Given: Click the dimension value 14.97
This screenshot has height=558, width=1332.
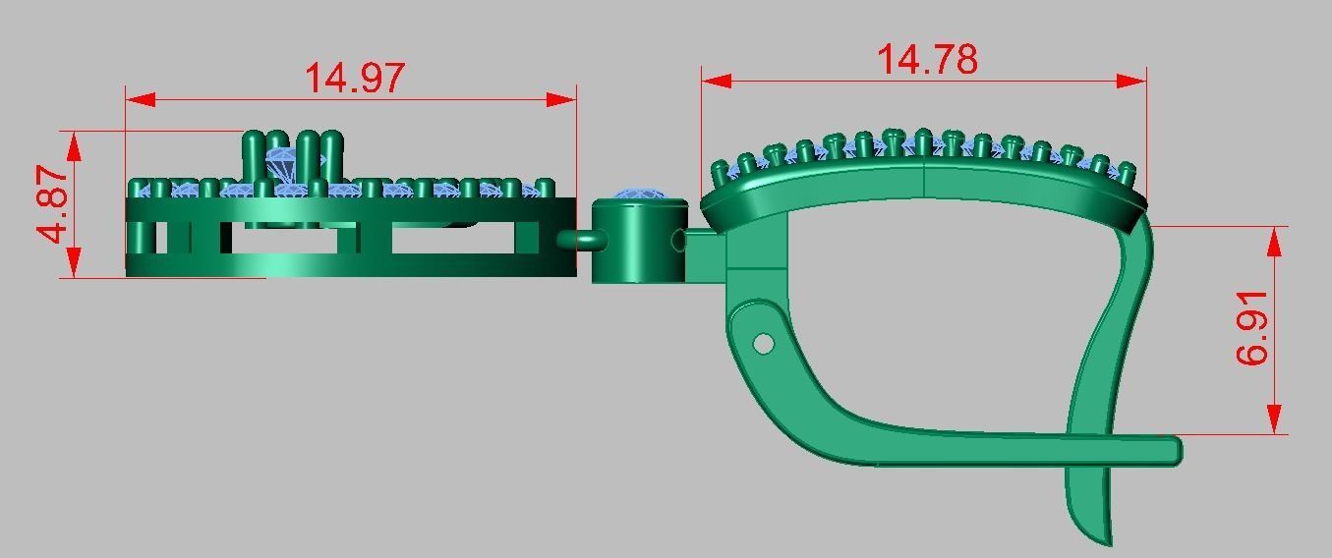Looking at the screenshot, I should pos(354,78).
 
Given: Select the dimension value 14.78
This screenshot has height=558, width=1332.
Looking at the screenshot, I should pos(926,59).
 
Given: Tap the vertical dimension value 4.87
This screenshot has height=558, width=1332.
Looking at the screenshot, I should pos(53,203).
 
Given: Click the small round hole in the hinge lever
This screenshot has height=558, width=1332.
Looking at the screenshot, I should pos(763,343).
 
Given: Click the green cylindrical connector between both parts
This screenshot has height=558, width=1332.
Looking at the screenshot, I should pos(638,243).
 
